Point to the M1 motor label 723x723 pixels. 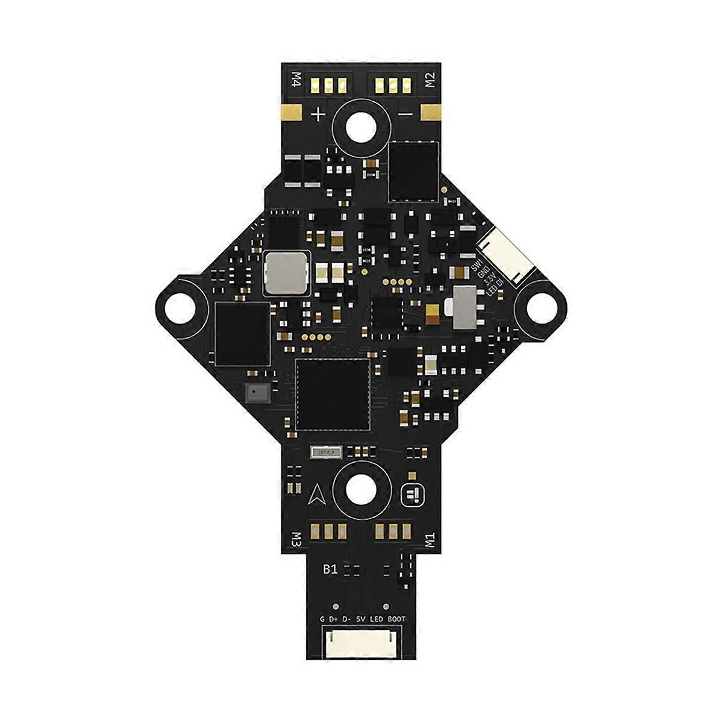pos(430,538)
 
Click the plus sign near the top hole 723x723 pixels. pos(318,113)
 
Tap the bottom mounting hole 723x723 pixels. pos(360,486)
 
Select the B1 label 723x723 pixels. pos(330,569)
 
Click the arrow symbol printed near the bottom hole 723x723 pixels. pos(318,496)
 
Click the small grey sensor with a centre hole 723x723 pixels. pos(257,393)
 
